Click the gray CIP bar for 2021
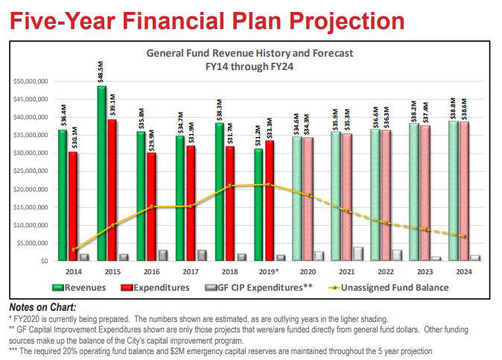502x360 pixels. tap(358, 253)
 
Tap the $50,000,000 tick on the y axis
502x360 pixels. tap(31, 81)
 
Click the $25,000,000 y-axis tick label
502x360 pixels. tap(31, 171)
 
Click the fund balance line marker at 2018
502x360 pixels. tap(232, 186)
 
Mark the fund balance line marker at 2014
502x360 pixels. tap(74, 249)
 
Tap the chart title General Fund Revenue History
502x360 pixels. tap(250, 54)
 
